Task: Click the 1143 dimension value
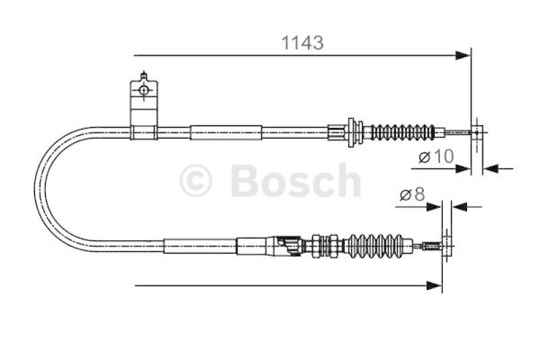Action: coord(302,43)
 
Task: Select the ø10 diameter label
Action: coord(436,157)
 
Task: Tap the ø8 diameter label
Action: coord(412,195)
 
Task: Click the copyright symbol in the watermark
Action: coord(196,181)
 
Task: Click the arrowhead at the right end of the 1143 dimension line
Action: coord(463,55)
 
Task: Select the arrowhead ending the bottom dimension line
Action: coord(435,286)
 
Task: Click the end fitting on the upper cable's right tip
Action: coord(477,131)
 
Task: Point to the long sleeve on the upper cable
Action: coord(225,132)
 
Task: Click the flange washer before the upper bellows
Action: coord(352,131)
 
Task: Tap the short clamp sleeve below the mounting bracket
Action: coord(143,132)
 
